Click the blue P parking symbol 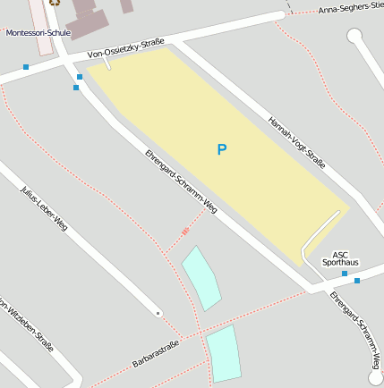(222, 149)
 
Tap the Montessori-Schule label (38, 33)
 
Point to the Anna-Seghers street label (350, 10)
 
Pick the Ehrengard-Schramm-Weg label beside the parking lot (181, 181)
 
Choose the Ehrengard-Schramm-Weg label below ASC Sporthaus (356, 328)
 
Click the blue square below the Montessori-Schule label (25, 67)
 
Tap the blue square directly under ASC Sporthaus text (345, 274)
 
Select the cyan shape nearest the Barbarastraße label (224, 353)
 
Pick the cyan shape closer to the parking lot (201, 278)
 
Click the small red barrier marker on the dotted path (185, 232)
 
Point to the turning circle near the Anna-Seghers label (354, 36)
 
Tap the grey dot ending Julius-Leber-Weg (158, 313)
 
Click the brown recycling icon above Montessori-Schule (55, 3)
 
